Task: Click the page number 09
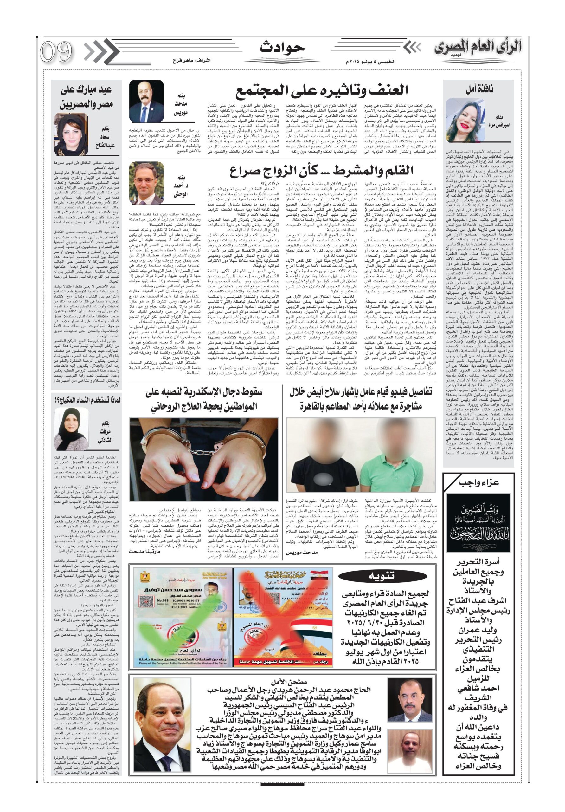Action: [56, 52]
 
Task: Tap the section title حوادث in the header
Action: [282, 47]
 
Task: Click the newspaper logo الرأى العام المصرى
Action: [478, 48]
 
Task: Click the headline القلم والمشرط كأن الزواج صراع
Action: [321, 172]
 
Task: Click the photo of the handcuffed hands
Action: [204, 459]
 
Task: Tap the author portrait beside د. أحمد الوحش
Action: [146, 184]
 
